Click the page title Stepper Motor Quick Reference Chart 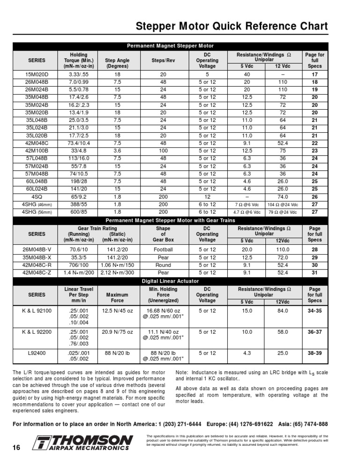point(232,26)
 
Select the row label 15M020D point(37,75)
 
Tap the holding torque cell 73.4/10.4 point(78,143)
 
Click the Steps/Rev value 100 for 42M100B point(163,151)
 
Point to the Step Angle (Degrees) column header point(117,64)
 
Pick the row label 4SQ point(37,196)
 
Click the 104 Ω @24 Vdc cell point(282,205)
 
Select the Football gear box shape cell point(163,250)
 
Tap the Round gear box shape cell point(163,265)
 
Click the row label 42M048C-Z point(37,272)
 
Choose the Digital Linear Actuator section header point(171,281)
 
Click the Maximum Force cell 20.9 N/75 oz point(117,332)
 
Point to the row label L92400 point(37,353)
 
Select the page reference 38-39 point(315,353)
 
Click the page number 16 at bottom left point(16,448)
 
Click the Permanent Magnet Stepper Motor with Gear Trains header point(171,220)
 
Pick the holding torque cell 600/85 point(78,212)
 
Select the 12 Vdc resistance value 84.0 point(282,310)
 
